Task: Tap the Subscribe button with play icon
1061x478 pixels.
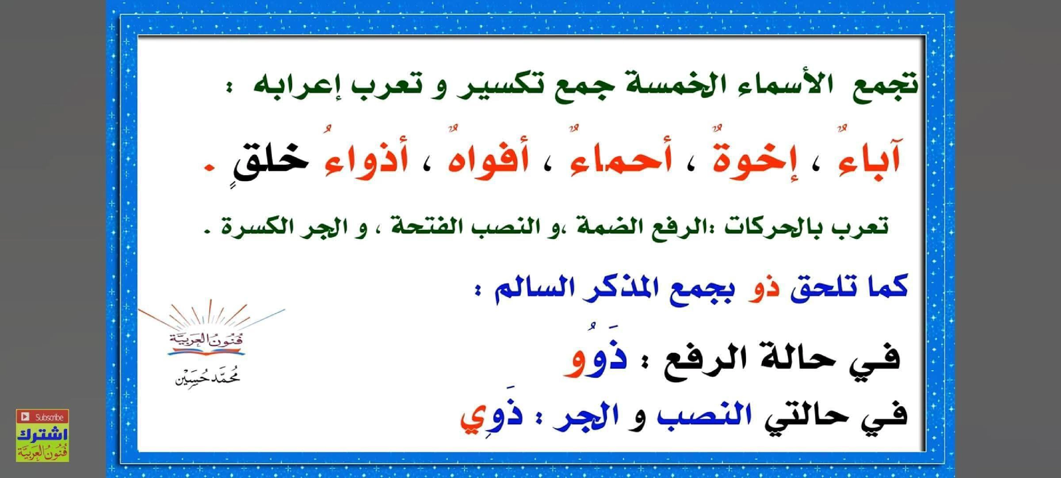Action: point(42,417)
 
